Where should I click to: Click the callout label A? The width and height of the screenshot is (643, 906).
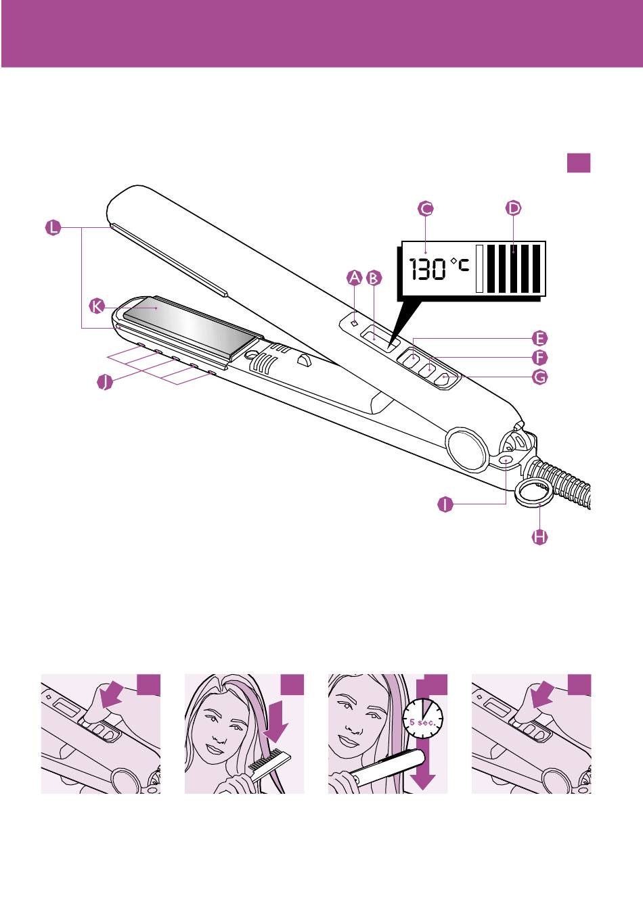click(x=354, y=278)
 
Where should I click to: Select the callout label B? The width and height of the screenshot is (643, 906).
click(x=374, y=278)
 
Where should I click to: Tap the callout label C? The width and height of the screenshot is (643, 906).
click(x=426, y=209)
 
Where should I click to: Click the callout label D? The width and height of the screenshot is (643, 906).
click(x=514, y=208)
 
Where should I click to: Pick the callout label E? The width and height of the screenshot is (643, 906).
click(x=539, y=339)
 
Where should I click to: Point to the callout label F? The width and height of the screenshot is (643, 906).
click(x=539, y=358)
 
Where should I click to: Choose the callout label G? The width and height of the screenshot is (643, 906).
click(x=539, y=377)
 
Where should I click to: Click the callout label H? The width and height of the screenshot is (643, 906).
click(x=539, y=537)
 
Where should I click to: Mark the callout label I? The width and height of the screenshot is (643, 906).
click(x=445, y=504)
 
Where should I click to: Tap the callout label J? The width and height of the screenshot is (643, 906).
click(x=105, y=382)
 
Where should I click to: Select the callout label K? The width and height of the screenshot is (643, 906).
click(x=96, y=306)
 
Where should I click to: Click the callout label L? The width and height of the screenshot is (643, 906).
click(x=53, y=228)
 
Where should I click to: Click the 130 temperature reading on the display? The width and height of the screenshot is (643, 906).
click(x=427, y=269)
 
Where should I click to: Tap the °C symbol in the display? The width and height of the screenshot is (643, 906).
click(x=460, y=265)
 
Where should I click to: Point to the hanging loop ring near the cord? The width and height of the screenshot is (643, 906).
click(x=533, y=493)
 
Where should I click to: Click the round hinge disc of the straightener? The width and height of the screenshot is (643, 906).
click(x=466, y=449)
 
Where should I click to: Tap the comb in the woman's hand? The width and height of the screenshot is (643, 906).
click(x=269, y=763)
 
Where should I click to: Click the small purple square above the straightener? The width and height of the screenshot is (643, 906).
click(x=579, y=163)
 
